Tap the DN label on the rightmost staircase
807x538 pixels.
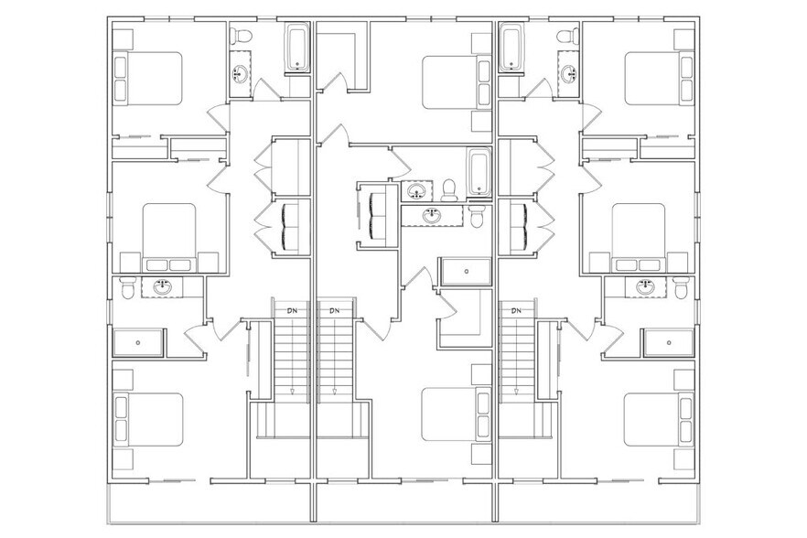point(516,311)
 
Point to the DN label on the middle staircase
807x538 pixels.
point(335,311)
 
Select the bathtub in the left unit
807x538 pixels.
point(297,49)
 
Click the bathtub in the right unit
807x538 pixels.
point(511,49)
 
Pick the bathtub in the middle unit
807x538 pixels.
point(479,172)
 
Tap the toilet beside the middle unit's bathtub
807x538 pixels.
point(449,190)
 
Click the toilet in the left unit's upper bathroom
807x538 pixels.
point(241,36)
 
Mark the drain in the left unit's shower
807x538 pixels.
point(138,342)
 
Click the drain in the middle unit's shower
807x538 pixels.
point(467,272)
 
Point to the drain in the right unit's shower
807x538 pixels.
point(669,342)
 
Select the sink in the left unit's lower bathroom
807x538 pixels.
point(163,287)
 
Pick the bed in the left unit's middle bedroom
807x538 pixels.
point(169,237)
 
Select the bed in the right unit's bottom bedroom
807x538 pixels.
point(659,420)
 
